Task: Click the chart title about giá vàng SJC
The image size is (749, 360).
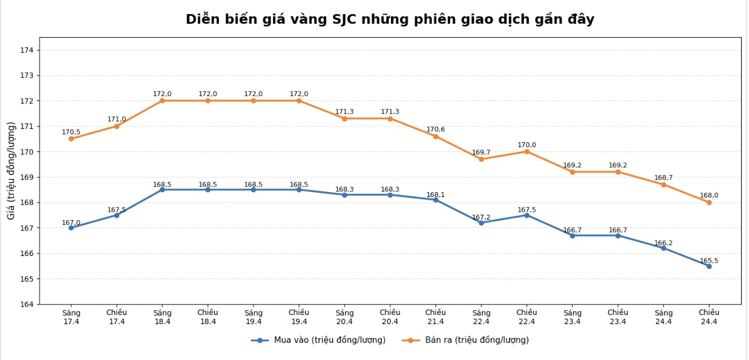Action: [390, 19]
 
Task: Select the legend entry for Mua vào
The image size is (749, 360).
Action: [319, 340]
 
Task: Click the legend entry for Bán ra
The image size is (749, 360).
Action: [466, 340]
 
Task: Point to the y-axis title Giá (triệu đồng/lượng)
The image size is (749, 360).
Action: [11, 170]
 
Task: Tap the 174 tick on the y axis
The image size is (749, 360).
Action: [27, 50]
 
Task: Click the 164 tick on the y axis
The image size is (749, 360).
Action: [27, 304]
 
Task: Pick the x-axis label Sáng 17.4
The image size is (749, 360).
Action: [71, 317]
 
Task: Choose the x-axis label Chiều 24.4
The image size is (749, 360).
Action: [709, 317]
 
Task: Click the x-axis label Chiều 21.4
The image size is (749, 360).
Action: [435, 317]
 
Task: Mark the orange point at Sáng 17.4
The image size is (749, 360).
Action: [71, 139]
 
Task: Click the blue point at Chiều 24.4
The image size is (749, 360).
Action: [709, 266]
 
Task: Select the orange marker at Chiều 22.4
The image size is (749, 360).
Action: [526, 151]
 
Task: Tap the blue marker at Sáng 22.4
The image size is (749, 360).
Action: [481, 223]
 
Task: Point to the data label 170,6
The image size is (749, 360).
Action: [435, 130]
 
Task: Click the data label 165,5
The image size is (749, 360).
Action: [709, 261]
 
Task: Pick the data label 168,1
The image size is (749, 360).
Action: [435, 195]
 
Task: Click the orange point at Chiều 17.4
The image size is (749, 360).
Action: [117, 126]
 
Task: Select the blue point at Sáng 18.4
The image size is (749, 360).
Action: [162, 190]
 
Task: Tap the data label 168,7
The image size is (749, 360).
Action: [663, 178]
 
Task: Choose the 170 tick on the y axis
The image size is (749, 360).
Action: [27, 151]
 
